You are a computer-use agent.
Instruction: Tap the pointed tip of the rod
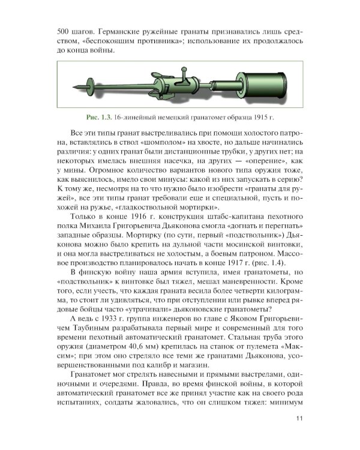79,91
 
